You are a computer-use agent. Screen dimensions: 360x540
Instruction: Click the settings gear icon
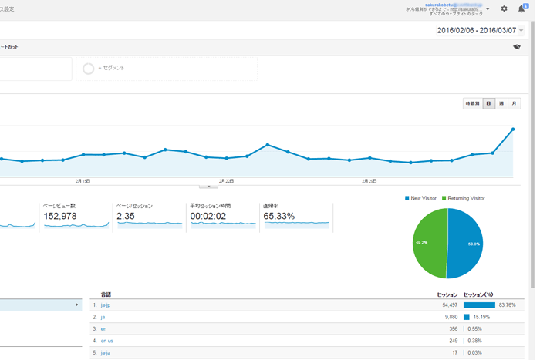504,9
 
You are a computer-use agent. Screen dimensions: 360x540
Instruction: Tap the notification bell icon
522,9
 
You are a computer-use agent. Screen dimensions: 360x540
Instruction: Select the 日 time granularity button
488,103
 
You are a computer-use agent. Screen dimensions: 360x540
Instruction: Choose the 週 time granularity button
501,103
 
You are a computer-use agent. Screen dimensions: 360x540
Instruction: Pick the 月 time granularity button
515,103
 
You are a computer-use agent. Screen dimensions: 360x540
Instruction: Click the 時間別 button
472,103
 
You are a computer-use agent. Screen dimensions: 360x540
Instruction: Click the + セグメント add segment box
112,69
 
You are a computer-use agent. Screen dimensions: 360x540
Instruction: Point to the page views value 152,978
60,217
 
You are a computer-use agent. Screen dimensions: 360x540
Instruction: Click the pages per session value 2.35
126,217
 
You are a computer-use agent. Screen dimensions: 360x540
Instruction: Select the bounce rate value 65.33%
279,217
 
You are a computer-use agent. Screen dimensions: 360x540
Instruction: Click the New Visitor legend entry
421,198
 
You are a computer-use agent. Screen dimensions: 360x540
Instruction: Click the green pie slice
429,244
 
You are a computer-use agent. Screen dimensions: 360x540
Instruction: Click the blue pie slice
466,244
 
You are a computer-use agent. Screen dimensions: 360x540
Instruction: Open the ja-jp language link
106,305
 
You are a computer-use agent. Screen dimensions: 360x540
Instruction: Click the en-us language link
107,341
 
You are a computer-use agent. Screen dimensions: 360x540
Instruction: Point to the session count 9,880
449,317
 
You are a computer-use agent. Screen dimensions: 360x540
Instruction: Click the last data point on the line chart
513,130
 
